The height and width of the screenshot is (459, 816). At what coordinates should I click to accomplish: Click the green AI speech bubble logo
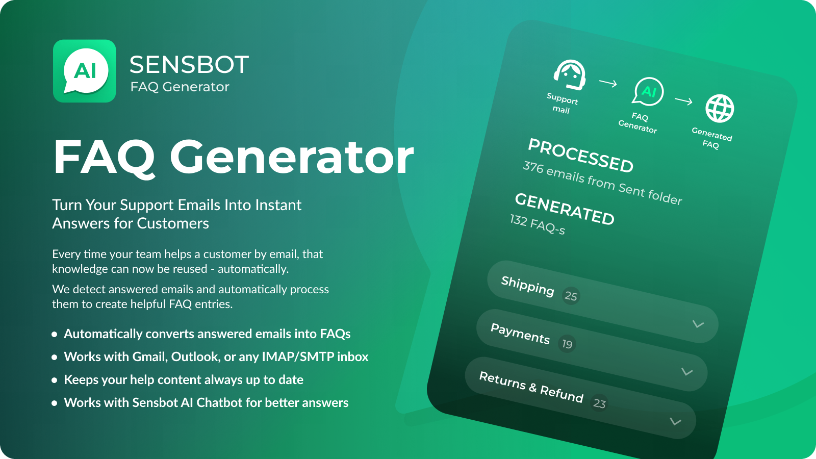tap(85, 71)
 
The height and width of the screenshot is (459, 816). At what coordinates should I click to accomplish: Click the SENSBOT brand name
tap(189, 65)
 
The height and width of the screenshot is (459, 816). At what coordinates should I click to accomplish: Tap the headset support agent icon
tap(570, 75)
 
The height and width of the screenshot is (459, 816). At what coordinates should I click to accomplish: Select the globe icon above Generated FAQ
tap(720, 109)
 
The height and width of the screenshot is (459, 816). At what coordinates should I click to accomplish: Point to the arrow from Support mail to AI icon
tap(608, 84)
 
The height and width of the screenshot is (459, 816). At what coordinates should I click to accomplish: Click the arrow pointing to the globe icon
tap(683, 100)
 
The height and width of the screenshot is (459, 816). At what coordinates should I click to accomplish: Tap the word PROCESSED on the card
tap(581, 156)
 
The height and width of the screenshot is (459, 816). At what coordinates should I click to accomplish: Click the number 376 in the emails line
tap(533, 168)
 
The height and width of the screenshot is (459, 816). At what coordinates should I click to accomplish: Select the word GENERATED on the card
tap(565, 209)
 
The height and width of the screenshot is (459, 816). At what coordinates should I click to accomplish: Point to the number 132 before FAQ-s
tap(518, 220)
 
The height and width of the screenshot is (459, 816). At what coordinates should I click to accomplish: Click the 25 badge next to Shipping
tap(571, 296)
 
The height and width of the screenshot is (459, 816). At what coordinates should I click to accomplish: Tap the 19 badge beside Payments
tap(567, 344)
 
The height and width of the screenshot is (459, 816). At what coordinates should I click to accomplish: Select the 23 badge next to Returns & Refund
tap(599, 403)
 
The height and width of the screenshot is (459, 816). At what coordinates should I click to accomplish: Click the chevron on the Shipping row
tap(698, 324)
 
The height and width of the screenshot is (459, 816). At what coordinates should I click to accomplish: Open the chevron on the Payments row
tap(687, 372)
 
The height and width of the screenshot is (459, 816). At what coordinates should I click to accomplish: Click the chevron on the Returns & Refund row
tap(676, 421)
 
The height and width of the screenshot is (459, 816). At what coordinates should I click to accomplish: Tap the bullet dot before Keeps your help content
tap(55, 380)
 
